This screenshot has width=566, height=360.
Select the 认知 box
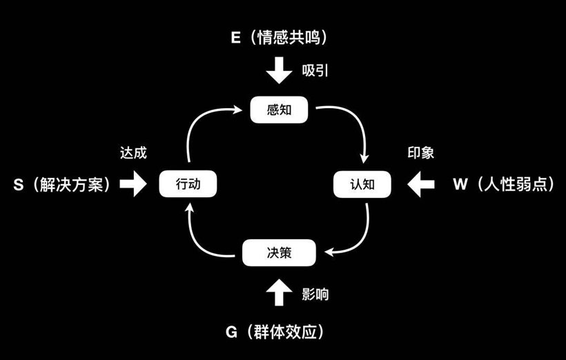tap(362, 185)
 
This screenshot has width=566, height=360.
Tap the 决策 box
tap(280, 252)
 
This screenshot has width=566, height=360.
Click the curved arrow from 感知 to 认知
tap(352, 124)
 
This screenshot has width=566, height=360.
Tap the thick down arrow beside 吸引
tap(280, 70)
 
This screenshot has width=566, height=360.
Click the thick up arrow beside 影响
tap(280, 292)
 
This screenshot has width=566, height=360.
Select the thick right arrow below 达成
tap(133, 185)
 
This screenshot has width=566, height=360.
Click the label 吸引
tap(315, 70)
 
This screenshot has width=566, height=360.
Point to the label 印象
tap(420, 153)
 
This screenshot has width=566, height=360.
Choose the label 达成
tap(133, 153)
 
